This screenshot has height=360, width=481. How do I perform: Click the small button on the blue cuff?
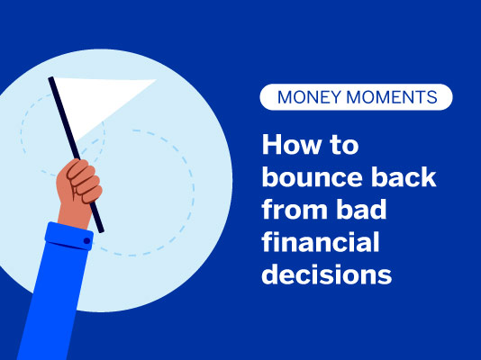click(x=87, y=242)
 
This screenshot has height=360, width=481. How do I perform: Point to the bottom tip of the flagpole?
click(x=102, y=230)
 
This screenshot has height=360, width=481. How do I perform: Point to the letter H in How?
click(x=271, y=147)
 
